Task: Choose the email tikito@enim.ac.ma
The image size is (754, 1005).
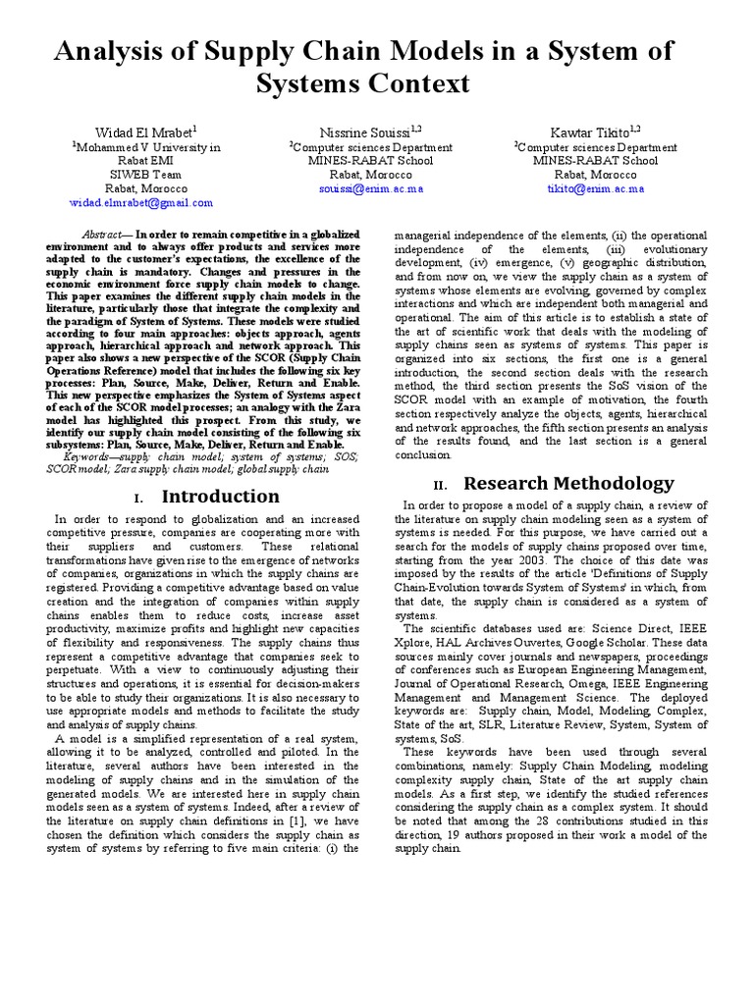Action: (595, 188)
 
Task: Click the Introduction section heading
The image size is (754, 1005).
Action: (220, 497)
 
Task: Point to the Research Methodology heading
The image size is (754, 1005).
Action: (568, 483)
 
